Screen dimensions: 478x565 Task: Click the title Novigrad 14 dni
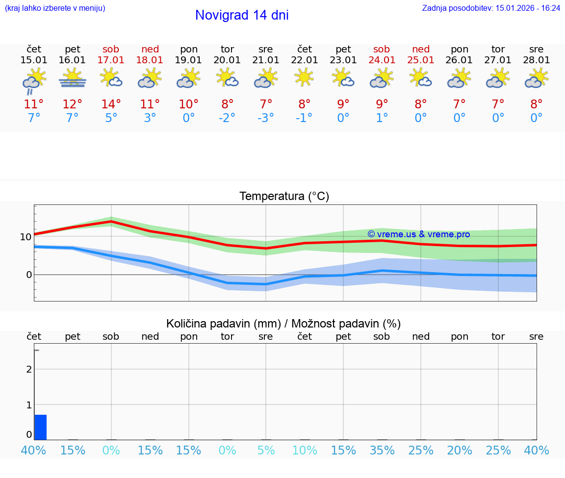pos(242,15)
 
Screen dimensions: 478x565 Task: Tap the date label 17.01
pos(111,60)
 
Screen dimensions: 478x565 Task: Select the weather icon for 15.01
pos(34,80)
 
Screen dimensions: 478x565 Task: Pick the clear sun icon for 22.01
pos(304,77)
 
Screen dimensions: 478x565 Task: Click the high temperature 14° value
pos(111,104)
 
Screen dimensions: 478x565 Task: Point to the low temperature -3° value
pos(266,118)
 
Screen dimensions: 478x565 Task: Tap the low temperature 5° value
pos(111,118)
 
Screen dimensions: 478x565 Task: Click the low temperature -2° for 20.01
pos(227,118)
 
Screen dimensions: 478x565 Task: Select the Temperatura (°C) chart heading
pos(284,197)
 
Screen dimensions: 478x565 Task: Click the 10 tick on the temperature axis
pos(26,237)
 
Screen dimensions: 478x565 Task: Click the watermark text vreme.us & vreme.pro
pos(418,234)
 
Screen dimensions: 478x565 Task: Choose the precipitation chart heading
pos(283,324)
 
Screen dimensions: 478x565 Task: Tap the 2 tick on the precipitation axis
pos(29,369)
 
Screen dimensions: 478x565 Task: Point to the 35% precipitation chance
pos(382,450)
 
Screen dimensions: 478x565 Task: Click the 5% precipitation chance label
pos(266,450)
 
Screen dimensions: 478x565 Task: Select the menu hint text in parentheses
pos(55,8)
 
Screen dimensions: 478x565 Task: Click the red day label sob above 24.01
pos(382,49)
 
